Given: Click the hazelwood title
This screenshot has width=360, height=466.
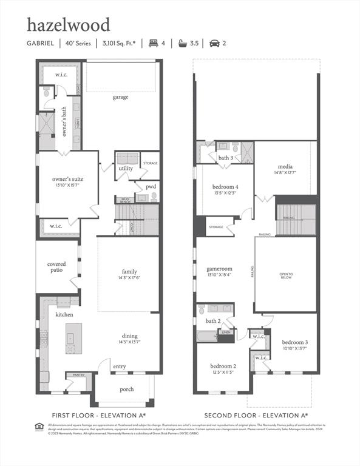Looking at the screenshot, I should coord(68,25).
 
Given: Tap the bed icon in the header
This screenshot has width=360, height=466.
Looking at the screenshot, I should coord(153,44).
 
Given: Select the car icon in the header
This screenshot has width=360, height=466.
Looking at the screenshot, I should coord(214,44).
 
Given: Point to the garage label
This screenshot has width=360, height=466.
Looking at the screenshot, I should coord(120,97).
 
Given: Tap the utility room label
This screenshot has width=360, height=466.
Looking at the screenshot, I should coord(126,168).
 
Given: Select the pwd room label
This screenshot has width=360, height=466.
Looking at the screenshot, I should coord(151,187).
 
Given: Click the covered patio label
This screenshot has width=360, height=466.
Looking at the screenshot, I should coord(56,267).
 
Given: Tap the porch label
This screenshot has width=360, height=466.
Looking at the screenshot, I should coord(126,389).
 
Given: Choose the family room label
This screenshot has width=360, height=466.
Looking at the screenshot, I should coord(129,271).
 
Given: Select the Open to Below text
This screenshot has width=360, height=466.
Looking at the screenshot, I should coord(286,275).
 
